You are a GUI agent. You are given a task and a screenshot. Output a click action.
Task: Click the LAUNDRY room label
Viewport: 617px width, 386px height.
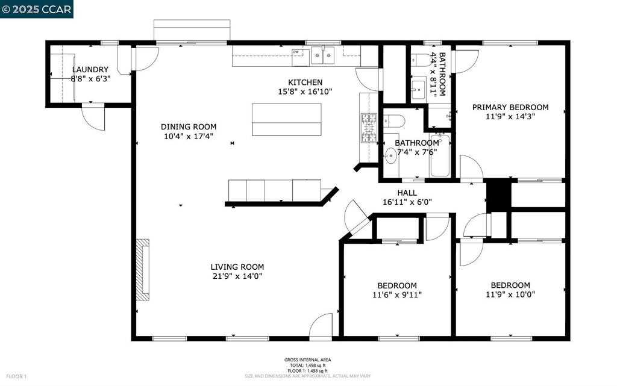tap(90, 70)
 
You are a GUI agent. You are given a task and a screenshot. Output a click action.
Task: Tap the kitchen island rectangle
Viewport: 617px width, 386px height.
tap(286, 119)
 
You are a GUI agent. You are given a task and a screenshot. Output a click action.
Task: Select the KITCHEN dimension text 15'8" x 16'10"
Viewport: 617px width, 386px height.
tap(305, 92)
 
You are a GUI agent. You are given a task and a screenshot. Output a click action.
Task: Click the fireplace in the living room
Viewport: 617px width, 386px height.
tap(142, 270)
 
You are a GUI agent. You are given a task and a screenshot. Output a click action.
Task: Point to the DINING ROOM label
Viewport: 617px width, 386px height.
tap(188, 126)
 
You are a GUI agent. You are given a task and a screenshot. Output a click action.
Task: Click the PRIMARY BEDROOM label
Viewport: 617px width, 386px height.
tap(510, 107)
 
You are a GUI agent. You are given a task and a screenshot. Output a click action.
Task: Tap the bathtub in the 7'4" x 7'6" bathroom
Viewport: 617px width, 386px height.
tap(440, 155)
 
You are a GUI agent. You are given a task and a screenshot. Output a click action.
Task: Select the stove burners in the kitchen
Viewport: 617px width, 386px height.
tap(368, 128)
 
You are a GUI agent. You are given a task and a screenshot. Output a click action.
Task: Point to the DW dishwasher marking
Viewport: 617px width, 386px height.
tap(296, 52)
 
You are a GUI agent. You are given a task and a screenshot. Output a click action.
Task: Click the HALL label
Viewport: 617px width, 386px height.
tap(407, 193)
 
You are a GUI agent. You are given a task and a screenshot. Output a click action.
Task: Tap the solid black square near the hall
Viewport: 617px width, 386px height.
tap(498, 195)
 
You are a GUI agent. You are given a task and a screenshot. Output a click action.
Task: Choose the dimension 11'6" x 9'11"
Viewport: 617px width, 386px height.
tap(396, 295)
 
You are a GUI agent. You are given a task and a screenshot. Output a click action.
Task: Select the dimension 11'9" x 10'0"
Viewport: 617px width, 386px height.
tap(510, 295)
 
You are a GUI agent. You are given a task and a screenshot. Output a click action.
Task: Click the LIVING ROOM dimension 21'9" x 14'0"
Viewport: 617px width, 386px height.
tap(237, 276)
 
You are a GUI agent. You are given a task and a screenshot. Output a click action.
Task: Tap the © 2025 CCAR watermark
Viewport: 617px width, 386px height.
tap(37, 9)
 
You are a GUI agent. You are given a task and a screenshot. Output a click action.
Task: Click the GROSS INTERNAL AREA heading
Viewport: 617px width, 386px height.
tap(307, 360)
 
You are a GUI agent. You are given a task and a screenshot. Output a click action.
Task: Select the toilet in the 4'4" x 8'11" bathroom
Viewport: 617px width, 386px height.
tap(422, 60)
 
